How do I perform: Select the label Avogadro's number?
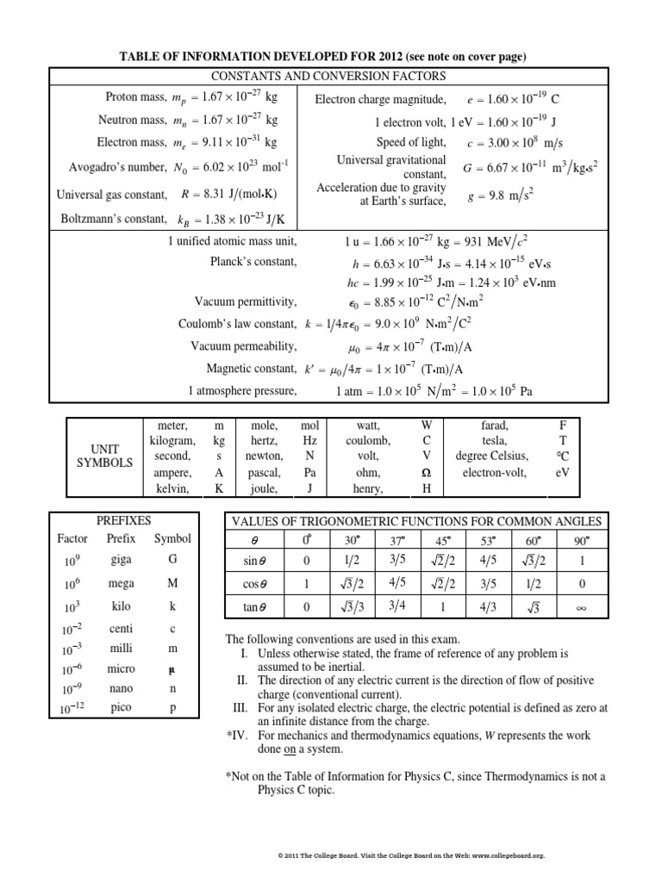click(x=118, y=166)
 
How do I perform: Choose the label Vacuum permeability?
click(x=244, y=345)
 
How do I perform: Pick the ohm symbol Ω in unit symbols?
click(x=426, y=473)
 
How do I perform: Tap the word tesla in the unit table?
click(x=495, y=440)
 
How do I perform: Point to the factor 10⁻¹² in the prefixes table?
click(x=72, y=710)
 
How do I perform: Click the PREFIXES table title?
click(x=124, y=520)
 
